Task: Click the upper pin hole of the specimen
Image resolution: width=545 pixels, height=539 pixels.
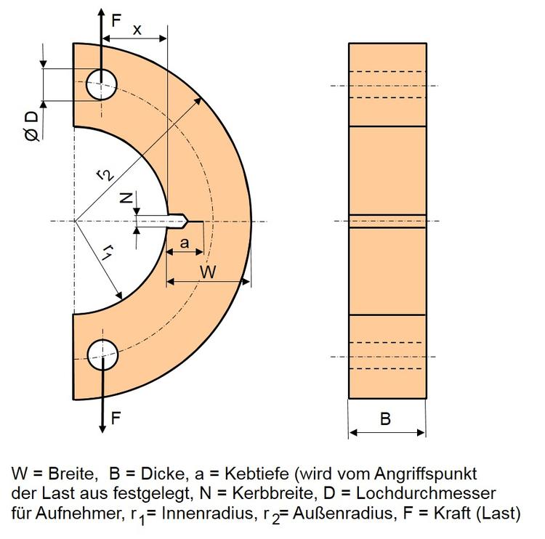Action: pos(102,84)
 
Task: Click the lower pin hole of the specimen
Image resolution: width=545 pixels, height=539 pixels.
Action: pos(102,354)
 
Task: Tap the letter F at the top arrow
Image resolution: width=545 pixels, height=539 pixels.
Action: pos(116,21)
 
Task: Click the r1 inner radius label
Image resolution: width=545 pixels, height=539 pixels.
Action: pos(107,252)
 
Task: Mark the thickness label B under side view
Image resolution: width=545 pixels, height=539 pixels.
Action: pos(386,419)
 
